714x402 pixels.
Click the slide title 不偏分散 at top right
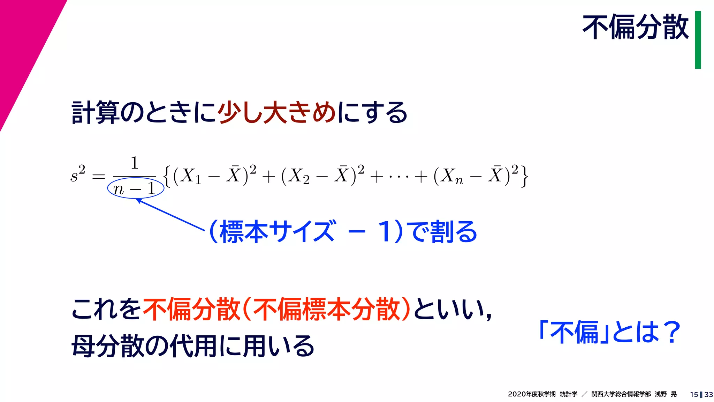[635, 27]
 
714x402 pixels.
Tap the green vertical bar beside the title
[698, 40]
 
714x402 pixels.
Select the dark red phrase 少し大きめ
[277, 112]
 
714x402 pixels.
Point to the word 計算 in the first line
[95, 112]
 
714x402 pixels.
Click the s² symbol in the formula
[77, 174]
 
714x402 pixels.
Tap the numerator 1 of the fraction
[135, 163]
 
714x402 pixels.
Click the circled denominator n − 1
[135, 189]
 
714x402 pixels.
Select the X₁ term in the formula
[191, 176]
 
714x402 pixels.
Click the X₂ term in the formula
[299, 176]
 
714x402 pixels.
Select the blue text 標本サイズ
[278, 231]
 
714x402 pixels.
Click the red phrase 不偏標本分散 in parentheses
[326, 309]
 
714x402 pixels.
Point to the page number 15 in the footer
[693, 394]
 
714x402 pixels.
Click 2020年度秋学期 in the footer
[531, 394]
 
